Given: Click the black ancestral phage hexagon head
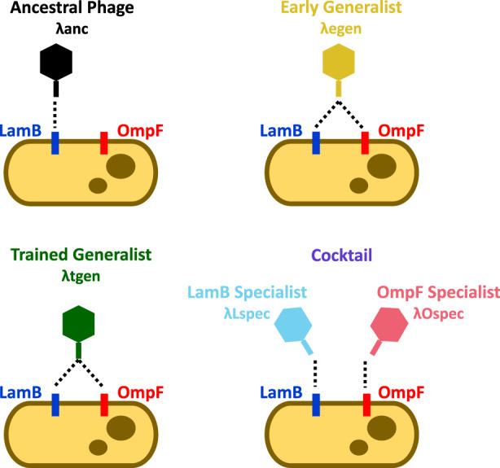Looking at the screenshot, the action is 56,62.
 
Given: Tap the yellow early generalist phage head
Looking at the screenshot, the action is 339,62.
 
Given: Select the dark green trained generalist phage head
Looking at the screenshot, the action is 78,324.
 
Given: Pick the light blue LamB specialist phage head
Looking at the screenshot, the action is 293,325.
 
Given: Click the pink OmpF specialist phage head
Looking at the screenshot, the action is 389,325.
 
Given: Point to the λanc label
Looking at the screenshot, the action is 72,29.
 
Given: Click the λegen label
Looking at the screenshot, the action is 341,29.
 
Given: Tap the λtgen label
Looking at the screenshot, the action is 81,277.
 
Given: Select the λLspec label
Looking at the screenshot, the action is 247,313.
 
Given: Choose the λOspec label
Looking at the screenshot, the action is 438,313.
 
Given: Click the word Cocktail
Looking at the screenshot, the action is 341,256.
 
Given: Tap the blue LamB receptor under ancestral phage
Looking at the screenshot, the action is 55,143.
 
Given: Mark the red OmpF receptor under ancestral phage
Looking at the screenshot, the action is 104,143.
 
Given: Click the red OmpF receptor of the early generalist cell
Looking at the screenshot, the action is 365,143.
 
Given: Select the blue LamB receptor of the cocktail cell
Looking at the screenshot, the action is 316,405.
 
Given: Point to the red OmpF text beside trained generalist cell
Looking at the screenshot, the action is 140,392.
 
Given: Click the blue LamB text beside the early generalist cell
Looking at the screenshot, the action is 281,131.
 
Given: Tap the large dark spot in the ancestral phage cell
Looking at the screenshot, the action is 121,166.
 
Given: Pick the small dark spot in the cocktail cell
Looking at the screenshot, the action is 359,448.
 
